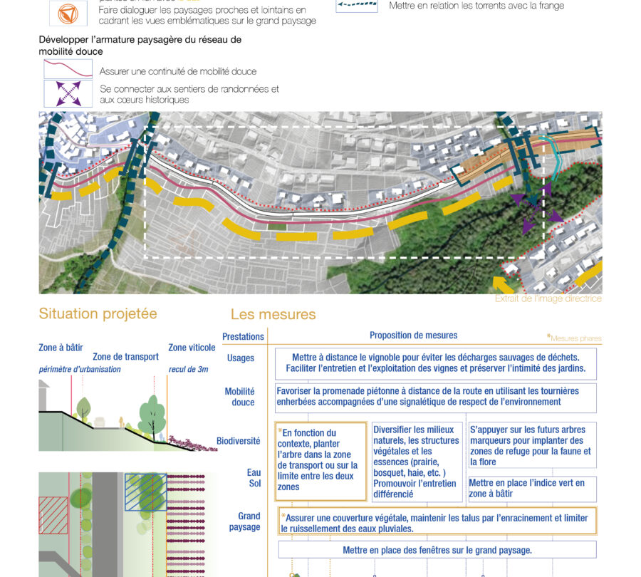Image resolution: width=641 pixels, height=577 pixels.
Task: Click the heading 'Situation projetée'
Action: (x=98, y=314)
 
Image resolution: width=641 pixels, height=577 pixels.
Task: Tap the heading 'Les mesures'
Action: (x=273, y=314)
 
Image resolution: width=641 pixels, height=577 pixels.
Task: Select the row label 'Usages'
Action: (x=240, y=358)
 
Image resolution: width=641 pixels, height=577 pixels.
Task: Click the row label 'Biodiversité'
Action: (x=239, y=441)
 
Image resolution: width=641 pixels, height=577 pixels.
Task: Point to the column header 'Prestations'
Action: (x=243, y=336)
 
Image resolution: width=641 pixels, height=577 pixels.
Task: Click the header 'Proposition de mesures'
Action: (x=413, y=336)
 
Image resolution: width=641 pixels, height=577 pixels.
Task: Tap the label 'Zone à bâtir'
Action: (x=61, y=348)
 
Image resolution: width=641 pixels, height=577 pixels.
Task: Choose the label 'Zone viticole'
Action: (x=192, y=348)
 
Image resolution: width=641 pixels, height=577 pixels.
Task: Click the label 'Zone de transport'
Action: (x=125, y=357)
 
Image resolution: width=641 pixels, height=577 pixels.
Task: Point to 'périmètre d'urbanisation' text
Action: (x=80, y=369)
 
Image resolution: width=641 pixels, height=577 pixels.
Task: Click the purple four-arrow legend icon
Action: (x=68, y=94)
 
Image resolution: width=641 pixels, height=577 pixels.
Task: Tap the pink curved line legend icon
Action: (x=68, y=69)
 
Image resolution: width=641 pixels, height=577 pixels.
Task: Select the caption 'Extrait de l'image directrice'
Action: (x=548, y=298)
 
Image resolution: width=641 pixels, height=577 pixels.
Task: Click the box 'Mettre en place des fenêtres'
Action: (x=437, y=550)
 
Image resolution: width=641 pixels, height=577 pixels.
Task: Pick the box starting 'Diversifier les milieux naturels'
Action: (x=417, y=460)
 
